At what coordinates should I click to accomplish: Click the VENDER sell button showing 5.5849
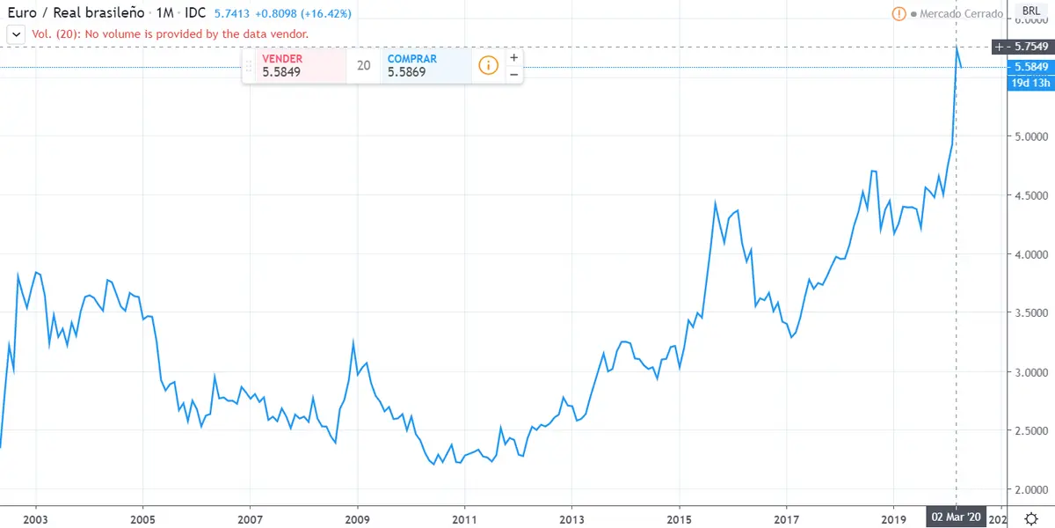point(295,65)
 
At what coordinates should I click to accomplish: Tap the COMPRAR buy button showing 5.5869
point(425,65)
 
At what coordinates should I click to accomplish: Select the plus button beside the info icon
point(513,57)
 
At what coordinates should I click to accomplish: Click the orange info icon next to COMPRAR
point(487,65)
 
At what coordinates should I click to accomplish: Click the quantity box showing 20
point(363,65)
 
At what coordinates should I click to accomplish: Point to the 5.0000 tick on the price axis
point(1031,136)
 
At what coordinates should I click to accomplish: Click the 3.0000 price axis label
point(1031,372)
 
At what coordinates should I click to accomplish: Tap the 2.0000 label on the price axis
point(1031,490)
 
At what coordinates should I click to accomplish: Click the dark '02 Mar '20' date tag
point(956,517)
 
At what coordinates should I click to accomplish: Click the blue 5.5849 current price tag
point(1030,67)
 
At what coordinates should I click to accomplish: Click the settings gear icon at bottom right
point(1030,517)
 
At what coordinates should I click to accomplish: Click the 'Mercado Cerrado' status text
point(961,14)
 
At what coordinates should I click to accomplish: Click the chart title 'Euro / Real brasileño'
point(75,14)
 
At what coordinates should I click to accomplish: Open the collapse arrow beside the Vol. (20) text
point(16,33)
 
